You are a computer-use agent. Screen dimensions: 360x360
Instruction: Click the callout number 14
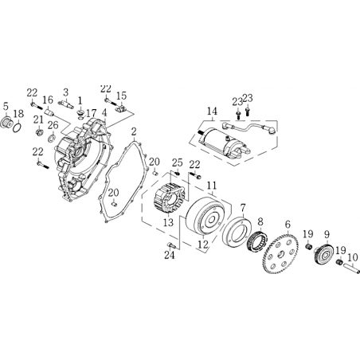tap(213, 112)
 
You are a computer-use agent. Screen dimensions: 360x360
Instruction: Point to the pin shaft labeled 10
tap(351, 268)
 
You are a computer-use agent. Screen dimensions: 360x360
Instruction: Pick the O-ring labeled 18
tap(18, 127)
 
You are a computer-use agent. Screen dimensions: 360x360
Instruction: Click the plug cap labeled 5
tap(6, 123)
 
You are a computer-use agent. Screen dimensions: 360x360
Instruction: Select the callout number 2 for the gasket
tap(134, 132)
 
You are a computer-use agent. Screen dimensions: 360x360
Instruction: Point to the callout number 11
tap(212, 186)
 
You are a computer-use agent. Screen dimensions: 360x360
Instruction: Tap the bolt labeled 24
tap(170, 245)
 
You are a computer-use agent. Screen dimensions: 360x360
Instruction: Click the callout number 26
tap(53, 125)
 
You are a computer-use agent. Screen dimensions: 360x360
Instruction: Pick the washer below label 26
tap(51, 138)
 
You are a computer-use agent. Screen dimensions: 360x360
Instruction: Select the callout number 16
tap(48, 100)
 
